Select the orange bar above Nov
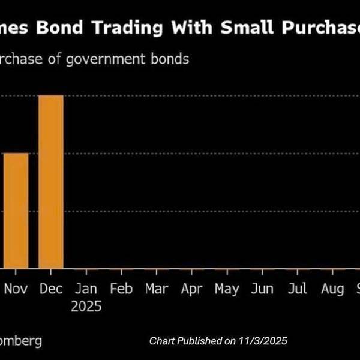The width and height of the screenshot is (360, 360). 15,211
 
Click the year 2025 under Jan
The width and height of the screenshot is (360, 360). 86,307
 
